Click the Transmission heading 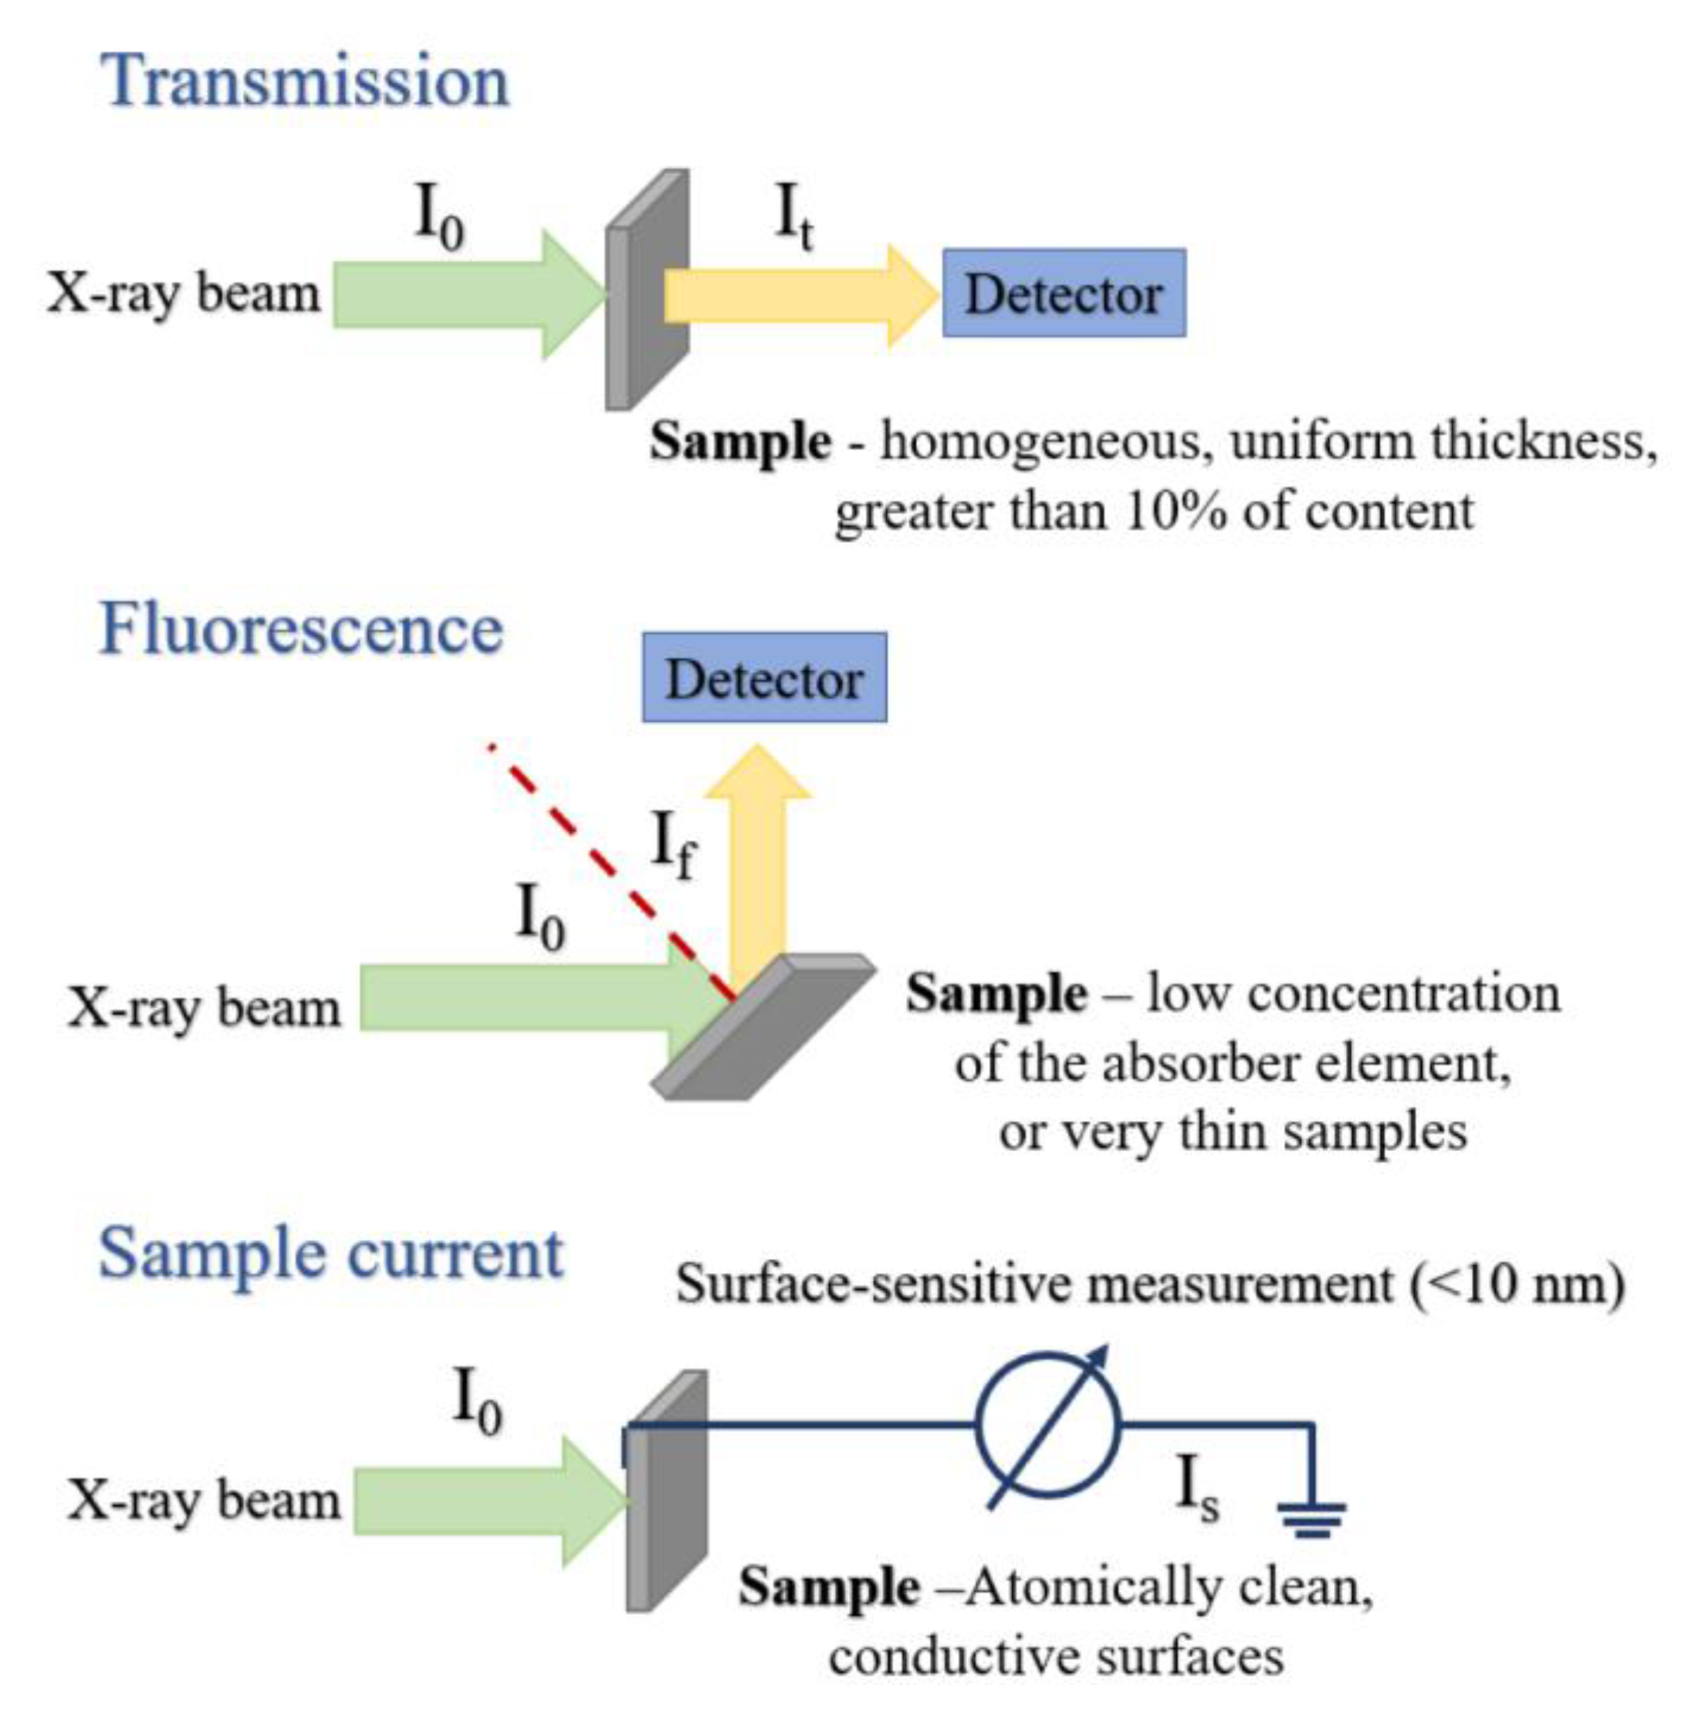(x=305, y=81)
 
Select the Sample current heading (x=330, y=1254)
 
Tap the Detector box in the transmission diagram (x=1063, y=294)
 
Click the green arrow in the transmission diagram (x=460, y=295)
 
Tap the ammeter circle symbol (x=1048, y=1425)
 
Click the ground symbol (x=1311, y=1518)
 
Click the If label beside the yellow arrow (x=673, y=845)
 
